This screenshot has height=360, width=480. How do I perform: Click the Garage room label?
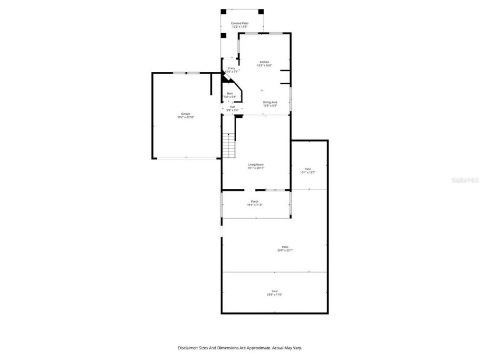pyautogui.click(x=186, y=114)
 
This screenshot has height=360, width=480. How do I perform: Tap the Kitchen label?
pyautogui.click(x=264, y=62)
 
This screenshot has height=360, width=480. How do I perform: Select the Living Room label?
pyautogui.click(x=255, y=164)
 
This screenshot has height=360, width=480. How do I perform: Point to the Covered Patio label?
pyautogui.click(x=239, y=23)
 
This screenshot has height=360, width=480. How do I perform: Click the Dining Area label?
pyautogui.click(x=270, y=102)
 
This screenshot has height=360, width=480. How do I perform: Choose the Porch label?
pyautogui.click(x=255, y=201)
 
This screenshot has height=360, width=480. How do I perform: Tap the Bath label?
pyautogui.click(x=230, y=93)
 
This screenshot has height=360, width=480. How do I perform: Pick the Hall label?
pyautogui.click(x=233, y=107)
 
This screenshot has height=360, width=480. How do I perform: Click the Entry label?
pyautogui.click(x=231, y=68)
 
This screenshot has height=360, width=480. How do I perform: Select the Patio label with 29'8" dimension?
pyautogui.click(x=285, y=246)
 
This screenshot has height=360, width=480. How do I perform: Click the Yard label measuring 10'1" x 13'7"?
pyautogui.click(x=308, y=169)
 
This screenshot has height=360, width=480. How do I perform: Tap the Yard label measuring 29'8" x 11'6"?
pyautogui.click(x=274, y=291)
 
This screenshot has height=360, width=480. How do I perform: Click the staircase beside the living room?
pyautogui.click(x=229, y=144)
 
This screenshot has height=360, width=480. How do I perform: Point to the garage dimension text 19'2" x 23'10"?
pyautogui.click(x=186, y=117)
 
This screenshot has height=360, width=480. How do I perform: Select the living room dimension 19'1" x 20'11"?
pyautogui.click(x=255, y=168)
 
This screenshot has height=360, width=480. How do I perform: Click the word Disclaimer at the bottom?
pyautogui.click(x=190, y=348)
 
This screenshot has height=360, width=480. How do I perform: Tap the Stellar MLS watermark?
pyautogui.click(x=465, y=180)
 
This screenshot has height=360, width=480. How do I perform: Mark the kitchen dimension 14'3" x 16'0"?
pyautogui.click(x=264, y=66)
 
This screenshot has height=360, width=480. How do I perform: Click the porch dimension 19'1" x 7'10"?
pyautogui.click(x=255, y=205)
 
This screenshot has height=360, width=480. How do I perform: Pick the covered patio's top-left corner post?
pyautogui.click(x=223, y=11)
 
